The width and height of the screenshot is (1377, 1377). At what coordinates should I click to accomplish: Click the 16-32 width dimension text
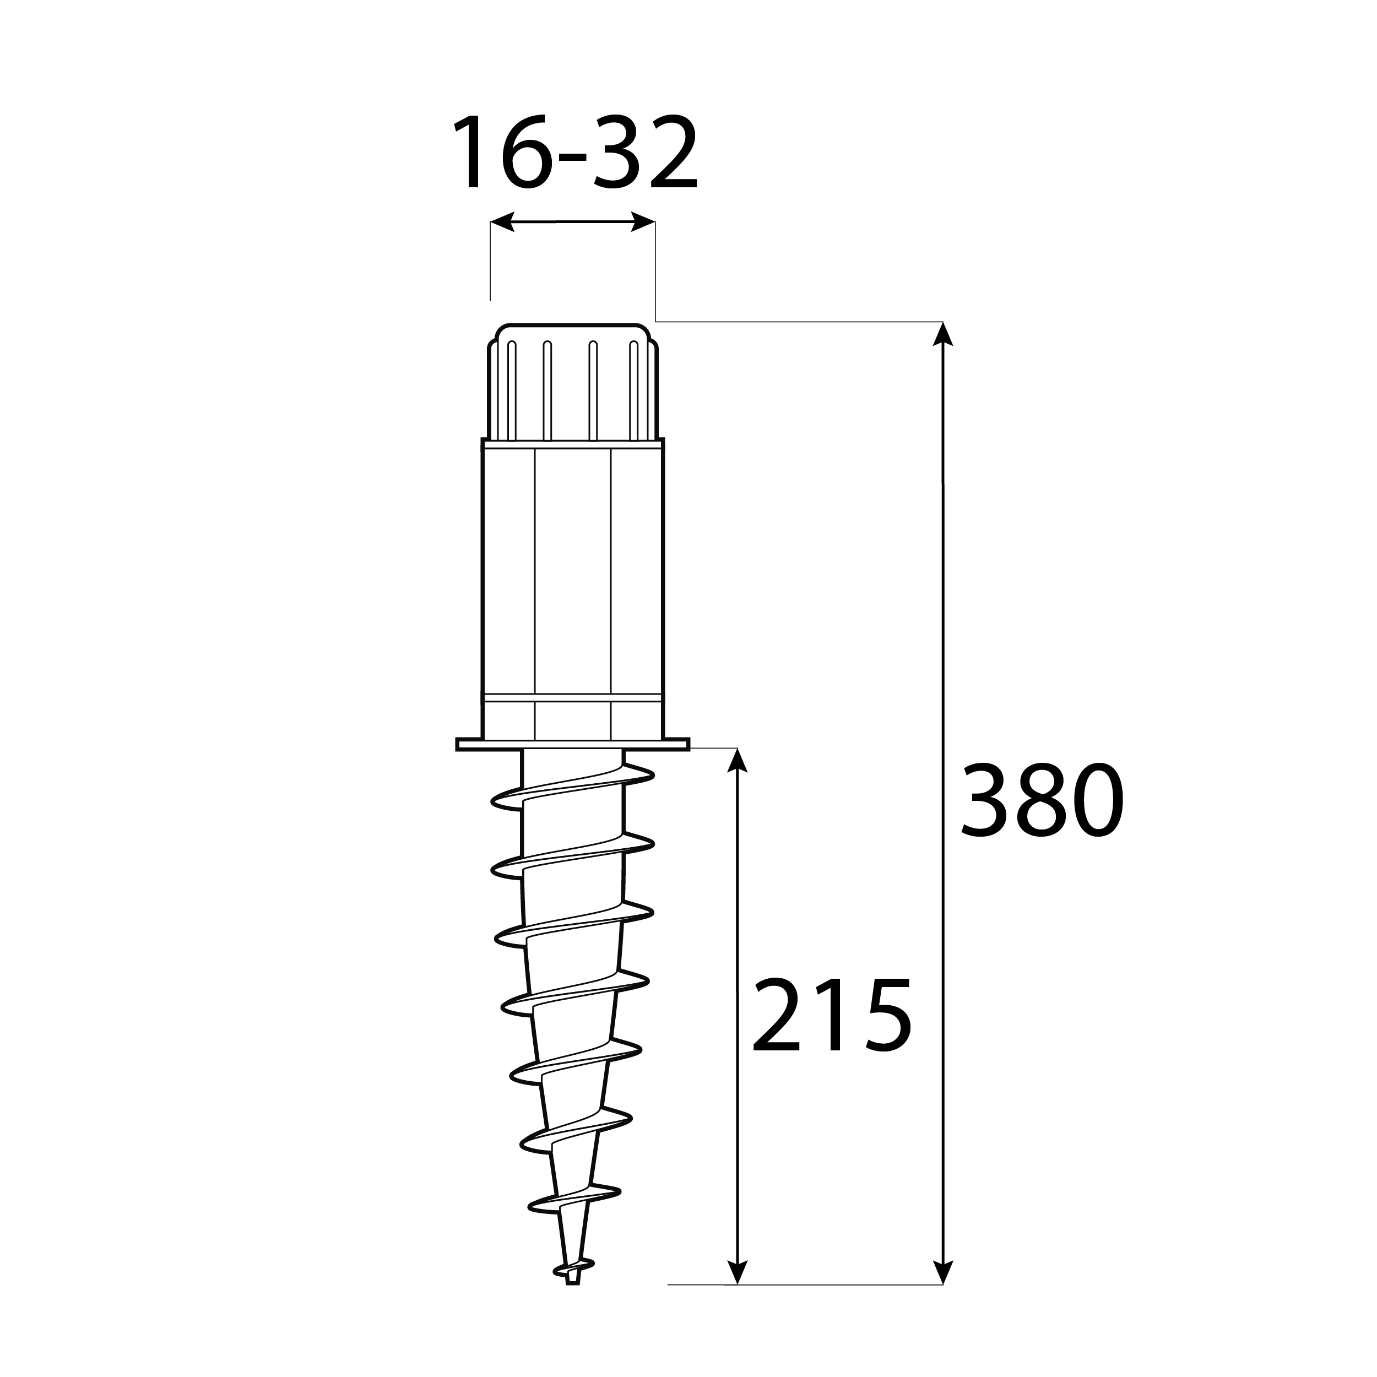coord(574,152)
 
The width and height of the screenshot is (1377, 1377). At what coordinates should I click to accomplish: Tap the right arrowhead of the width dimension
coord(643,221)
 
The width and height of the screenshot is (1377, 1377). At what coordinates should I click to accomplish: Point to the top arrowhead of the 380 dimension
coord(943,334)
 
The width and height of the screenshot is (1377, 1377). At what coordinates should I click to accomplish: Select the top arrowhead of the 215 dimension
coord(737,759)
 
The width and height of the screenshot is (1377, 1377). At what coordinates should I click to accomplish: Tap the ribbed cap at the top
coord(573,385)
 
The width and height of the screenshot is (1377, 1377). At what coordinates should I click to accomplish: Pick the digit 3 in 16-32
coord(614,152)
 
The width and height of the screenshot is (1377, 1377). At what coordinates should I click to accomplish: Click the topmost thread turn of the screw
coord(573,788)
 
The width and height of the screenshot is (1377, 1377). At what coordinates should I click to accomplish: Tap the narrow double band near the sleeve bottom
coord(573,698)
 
